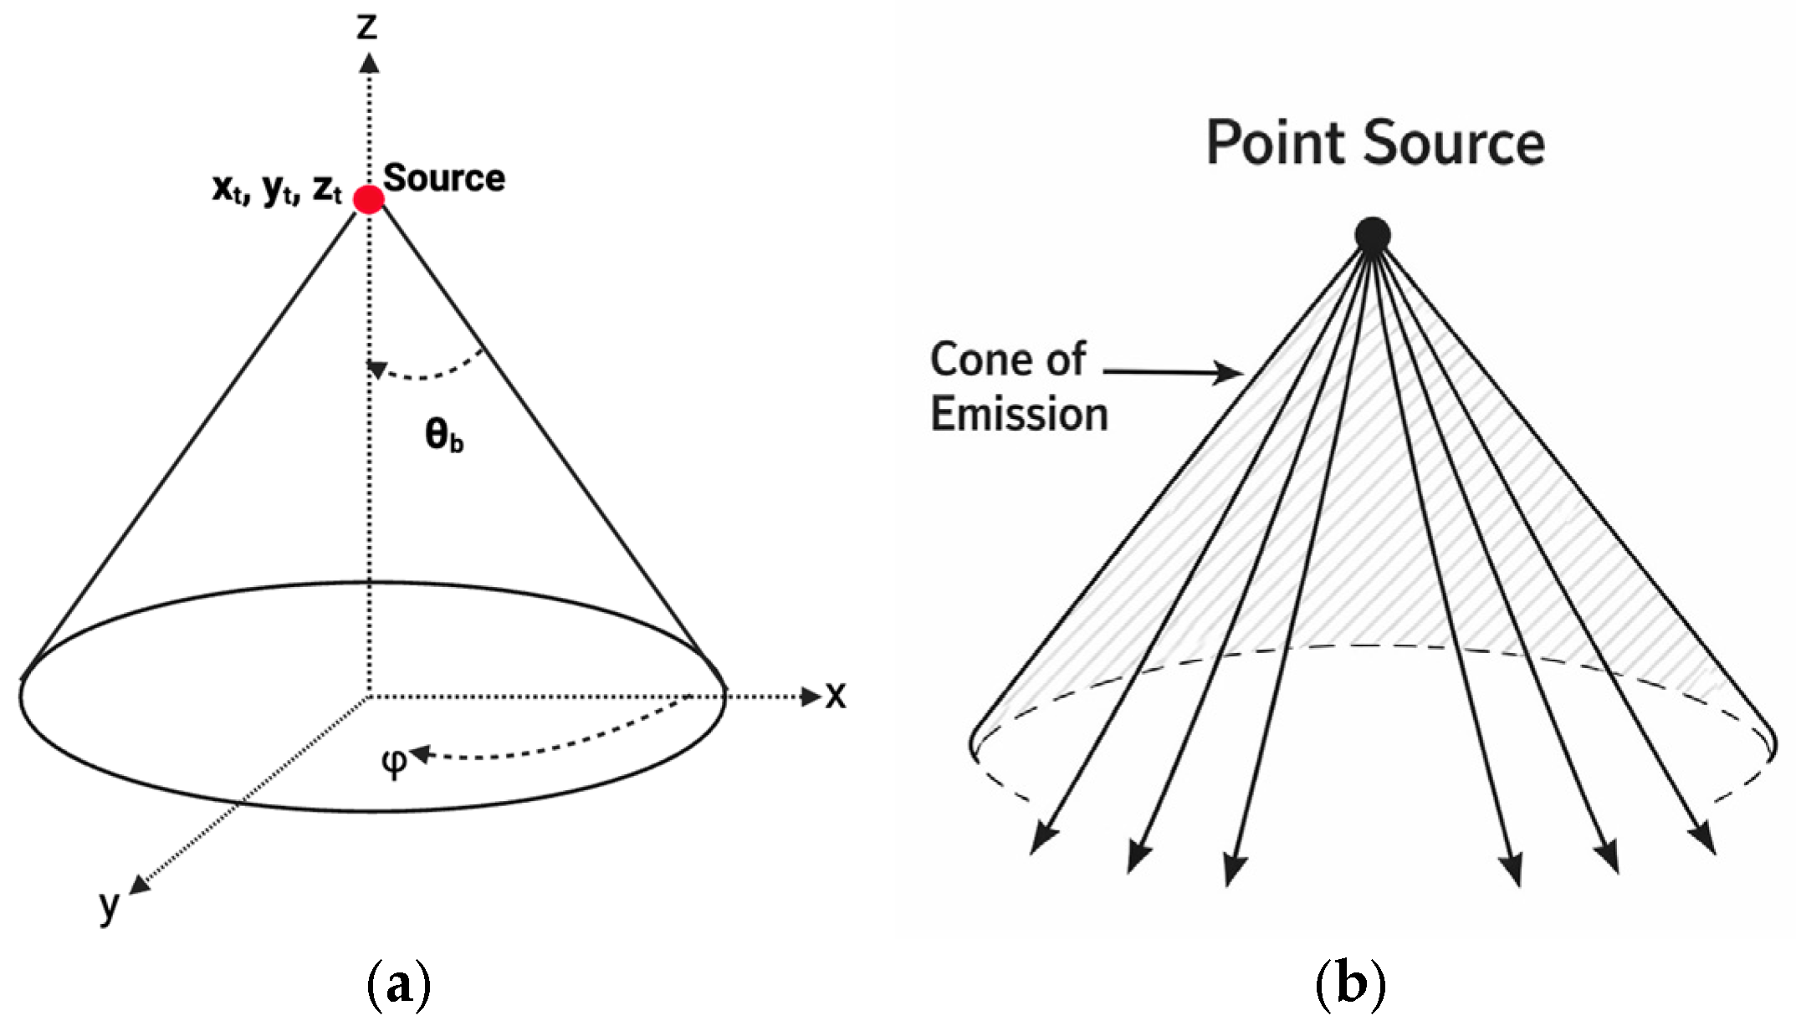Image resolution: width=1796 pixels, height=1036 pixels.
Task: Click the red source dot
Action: tap(368, 200)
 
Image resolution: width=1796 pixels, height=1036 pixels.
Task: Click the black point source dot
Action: tap(1372, 235)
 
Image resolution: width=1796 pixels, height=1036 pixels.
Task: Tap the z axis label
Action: tap(366, 27)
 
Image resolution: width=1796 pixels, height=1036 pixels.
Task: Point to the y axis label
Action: tap(109, 906)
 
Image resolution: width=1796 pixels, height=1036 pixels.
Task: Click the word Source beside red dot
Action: tap(443, 178)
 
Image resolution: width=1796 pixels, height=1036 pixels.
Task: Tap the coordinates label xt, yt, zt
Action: tap(277, 189)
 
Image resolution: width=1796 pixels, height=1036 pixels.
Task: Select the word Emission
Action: tap(1019, 415)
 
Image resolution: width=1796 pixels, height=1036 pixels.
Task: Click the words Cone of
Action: tap(1007, 360)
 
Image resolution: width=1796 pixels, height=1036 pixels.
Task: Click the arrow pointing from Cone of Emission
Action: tap(1171, 371)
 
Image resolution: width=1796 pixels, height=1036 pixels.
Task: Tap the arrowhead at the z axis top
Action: tap(368, 64)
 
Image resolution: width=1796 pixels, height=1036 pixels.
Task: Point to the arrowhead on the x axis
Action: tap(810, 696)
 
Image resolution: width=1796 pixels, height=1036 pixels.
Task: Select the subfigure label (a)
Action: tap(398, 986)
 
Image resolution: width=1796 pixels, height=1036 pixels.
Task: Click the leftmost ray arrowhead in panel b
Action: tap(1041, 839)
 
